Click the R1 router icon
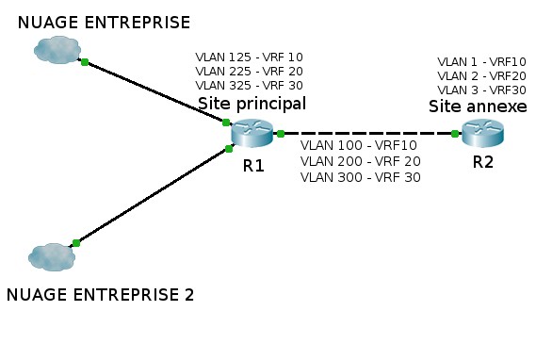[x=252, y=135]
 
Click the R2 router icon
[x=481, y=134]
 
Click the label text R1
[x=253, y=166]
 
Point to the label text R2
[x=482, y=161]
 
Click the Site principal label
[x=252, y=102]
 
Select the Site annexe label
[x=478, y=106]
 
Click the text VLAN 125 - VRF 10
[x=249, y=57]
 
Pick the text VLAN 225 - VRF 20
[x=249, y=71]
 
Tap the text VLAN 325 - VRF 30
[x=249, y=85]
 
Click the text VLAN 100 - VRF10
[x=358, y=146]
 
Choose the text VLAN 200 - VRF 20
[x=360, y=161]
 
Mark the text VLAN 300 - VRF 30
[x=360, y=176]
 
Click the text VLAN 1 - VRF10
[x=481, y=61]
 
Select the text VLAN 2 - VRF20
[x=481, y=75]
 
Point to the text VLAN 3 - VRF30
[x=481, y=90]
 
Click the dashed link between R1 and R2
[x=367, y=134]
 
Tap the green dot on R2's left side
[x=455, y=134]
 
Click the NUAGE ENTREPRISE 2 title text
[x=100, y=295]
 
